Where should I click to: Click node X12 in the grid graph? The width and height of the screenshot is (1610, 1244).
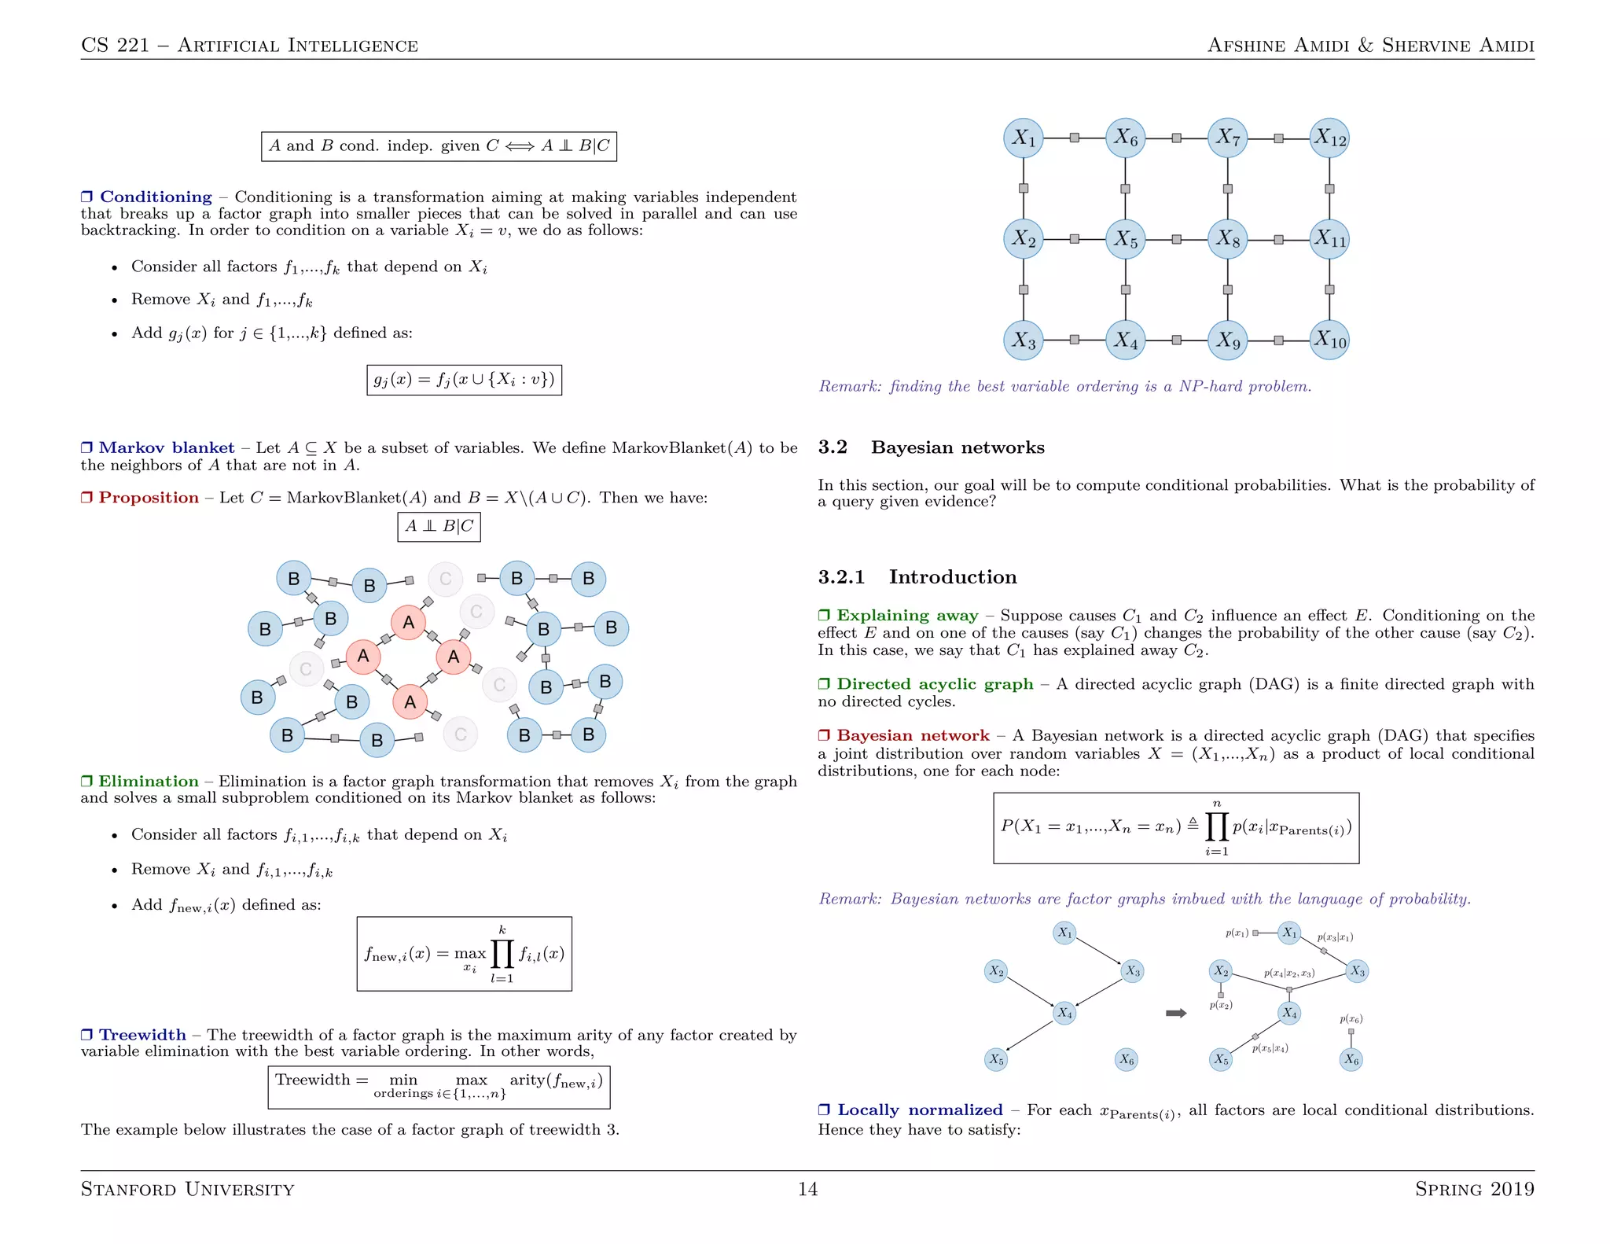(x=1329, y=138)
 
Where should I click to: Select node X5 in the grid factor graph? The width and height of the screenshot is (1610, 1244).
(x=1126, y=239)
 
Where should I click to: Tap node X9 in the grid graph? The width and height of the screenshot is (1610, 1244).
(x=1227, y=340)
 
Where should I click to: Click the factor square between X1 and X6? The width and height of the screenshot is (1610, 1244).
(x=1075, y=138)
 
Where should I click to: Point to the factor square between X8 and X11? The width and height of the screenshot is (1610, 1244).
(x=1278, y=239)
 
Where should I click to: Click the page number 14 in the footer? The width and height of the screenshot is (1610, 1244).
(x=807, y=1189)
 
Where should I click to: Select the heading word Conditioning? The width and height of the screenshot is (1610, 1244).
(x=156, y=197)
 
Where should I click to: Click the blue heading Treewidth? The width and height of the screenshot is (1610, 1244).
(x=142, y=1035)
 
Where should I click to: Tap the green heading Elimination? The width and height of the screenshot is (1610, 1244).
(x=149, y=781)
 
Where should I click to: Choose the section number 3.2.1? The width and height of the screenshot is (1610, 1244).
(x=841, y=577)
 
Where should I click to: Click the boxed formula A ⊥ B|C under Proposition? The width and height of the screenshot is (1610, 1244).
(x=439, y=526)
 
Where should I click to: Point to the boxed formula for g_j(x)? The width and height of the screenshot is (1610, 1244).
(x=464, y=380)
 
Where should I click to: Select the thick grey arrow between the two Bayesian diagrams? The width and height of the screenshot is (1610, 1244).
(x=1176, y=1013)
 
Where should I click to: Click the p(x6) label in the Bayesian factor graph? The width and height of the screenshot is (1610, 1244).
(x=1351, y=1019)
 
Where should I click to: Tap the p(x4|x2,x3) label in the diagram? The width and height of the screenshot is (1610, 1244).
(x=1288, y=973)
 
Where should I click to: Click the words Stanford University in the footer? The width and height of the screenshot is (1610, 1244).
(x=187, y=1189)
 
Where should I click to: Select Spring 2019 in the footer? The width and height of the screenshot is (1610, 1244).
(x=1474, y=1189)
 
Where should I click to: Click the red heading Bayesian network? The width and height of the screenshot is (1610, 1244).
(x=913, y=735)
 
